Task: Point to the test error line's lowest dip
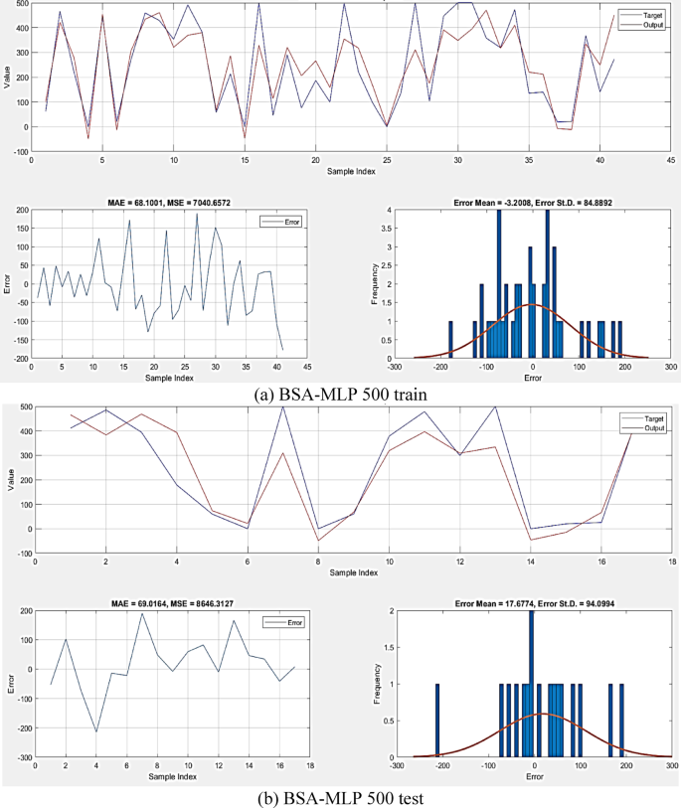[96, 731]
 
